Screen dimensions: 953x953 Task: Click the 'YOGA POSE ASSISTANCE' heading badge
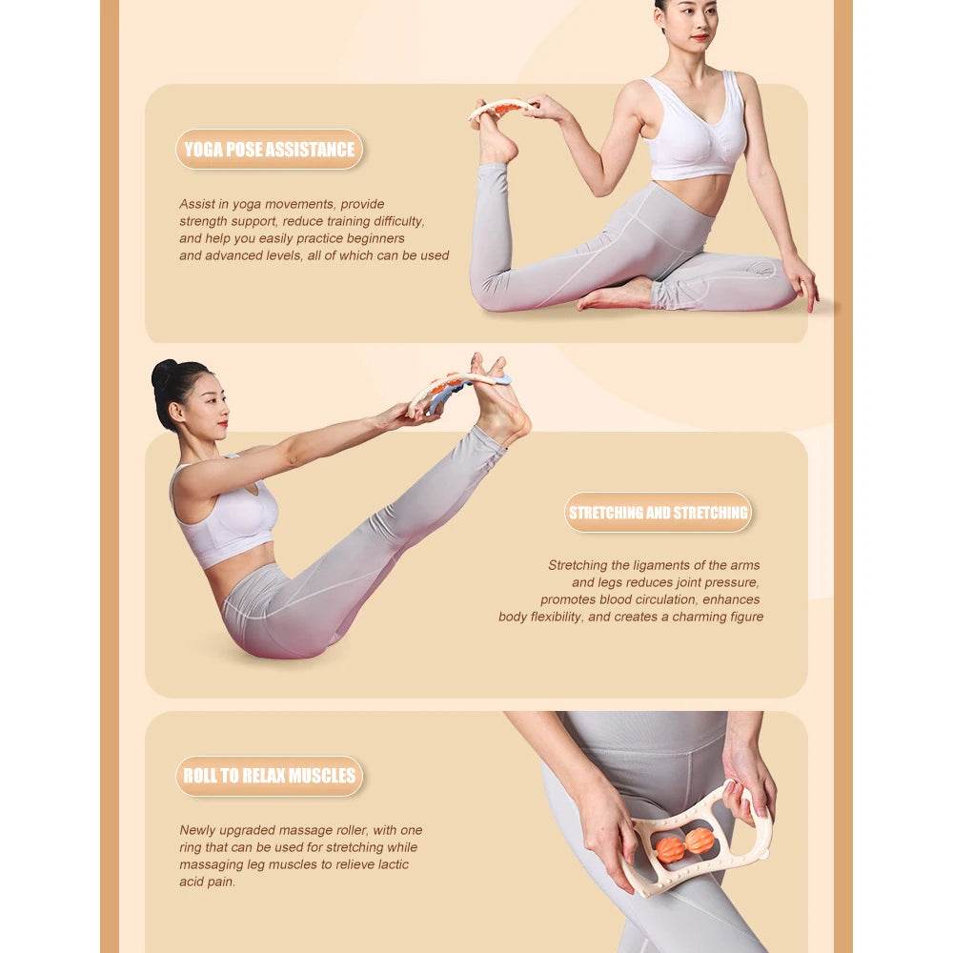coord(269,150)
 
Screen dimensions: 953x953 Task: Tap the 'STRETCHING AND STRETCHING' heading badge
coord(658,513)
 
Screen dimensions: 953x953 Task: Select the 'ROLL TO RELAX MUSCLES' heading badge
coord(269,776)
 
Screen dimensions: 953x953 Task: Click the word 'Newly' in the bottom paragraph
coord(196,830)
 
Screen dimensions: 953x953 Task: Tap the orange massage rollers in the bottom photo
coord(684,843)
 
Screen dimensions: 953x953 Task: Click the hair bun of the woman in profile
coord(163,373)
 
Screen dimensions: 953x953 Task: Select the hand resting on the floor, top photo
coord(802,283)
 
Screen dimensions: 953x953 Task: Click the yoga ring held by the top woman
coord(502,108)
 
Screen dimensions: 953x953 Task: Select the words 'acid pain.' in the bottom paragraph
coord(207,882)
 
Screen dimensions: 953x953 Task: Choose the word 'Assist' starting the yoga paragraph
coord(195,204)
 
